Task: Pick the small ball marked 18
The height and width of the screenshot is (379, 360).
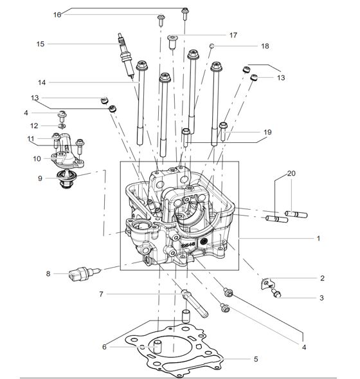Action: pyautogui.click(x=212, y=46)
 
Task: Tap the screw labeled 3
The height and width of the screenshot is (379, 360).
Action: pyautogui.click(x=278, y=294)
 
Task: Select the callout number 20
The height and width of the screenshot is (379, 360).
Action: pyautogui.click(x=291, y=174)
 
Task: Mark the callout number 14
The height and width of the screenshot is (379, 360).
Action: pyautogui.click(x=41, y=82)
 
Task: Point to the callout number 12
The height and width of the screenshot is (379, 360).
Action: pyautogui.click(x=35, y=125)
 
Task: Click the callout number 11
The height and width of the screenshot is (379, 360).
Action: pyautogui.click(x=30, y=138)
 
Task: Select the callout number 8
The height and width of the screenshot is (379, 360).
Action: pyautogui.click(x=48, y=273)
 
